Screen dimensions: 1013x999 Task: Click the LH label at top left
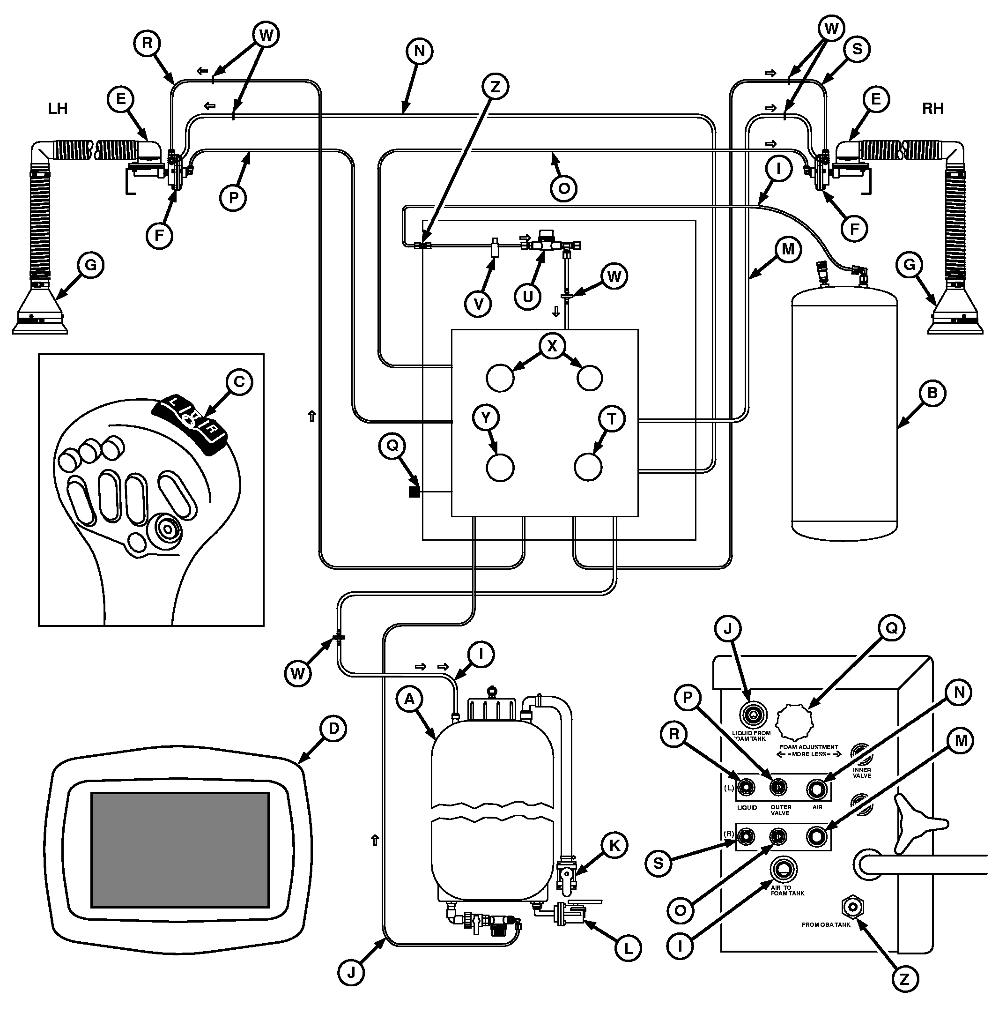pyautogui.click(x=58, y=109)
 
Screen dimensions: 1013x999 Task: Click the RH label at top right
pyautogui.click(x=932, y=109)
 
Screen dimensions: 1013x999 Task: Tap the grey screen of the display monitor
pyautogui.click(x=180, y=850)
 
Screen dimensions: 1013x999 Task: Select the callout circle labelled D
pyautogui.click(x=333, y=729)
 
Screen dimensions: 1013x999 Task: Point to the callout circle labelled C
pyautogui.click(x=239, y=382)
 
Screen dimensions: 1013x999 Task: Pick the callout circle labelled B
pyautogui.click(x=932, y=393)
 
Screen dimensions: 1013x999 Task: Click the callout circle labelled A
pyautogui.click(x=409, y=699)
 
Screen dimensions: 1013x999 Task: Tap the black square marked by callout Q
pyautogui.click(x=414, y=492)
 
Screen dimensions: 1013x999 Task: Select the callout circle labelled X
pyautogui.click(x=552, y=346)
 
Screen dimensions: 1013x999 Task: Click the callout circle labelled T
pyautogui.click(x=612, y=418)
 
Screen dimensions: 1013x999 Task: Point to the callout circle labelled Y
pyautogui.click(x=486, y=418)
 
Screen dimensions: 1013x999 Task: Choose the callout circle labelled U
pyautogui.click(x=528, y=297)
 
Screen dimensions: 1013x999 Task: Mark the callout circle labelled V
pyautogui.click(x=479, y=304)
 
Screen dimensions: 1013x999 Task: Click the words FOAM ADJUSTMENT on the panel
pyautogui.click(x=809, y=747)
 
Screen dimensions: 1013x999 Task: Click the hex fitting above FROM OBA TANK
pyautogui.click(x=852, y=907)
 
